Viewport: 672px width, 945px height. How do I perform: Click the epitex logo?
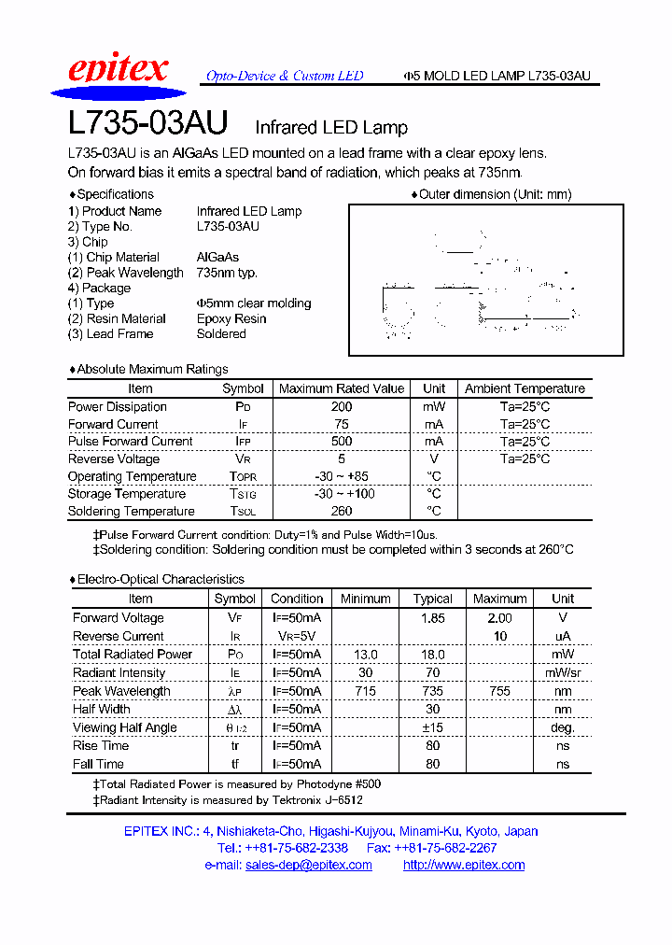118,73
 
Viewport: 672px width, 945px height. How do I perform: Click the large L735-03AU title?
148,125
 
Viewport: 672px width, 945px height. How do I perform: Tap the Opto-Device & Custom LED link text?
284,76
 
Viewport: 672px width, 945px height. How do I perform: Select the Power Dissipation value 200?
342,406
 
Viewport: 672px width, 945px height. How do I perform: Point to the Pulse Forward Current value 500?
342,441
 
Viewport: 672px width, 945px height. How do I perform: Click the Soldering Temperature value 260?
342,511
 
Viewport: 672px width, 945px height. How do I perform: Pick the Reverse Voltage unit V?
434,458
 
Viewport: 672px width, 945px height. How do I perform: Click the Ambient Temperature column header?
525,388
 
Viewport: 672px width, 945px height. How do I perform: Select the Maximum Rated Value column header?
342,388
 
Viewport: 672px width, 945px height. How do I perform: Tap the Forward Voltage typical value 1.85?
432,618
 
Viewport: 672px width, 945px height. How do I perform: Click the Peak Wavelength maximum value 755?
499,691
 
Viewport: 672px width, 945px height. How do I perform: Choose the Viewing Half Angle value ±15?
432,727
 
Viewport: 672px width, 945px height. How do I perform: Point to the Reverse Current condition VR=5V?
296,636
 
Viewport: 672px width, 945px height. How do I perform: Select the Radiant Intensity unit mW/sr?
563,673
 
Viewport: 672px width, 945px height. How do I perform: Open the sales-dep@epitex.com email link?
308,865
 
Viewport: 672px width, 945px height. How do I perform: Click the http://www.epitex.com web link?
463,865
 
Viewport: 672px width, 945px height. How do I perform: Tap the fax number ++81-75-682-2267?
444,848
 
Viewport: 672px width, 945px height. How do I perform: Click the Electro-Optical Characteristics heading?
160,579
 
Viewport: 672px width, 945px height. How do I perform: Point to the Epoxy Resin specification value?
231,318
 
